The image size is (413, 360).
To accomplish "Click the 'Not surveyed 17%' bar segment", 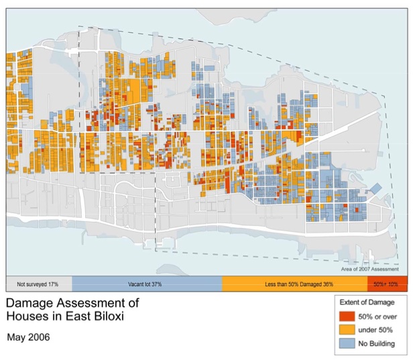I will tap(38, 284).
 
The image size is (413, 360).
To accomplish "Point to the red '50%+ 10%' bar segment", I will tap(387, 284).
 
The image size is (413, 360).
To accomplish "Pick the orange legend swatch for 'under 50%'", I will tap(346, 331).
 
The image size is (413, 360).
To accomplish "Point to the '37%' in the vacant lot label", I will tap(158, 284).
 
